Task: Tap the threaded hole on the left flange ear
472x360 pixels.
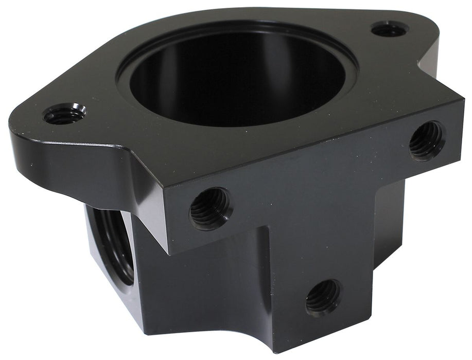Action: [x=64, y=114]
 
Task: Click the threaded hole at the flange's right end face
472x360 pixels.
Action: [x=427, y=140]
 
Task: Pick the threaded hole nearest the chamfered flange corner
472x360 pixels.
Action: [x=211, y=208]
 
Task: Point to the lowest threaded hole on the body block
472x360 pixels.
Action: [x=323, y=297]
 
